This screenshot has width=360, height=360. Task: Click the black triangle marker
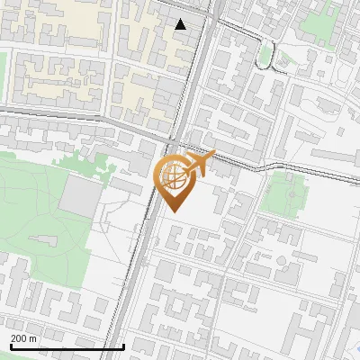tap(181, 24)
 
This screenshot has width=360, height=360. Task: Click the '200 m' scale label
tap(24, 337)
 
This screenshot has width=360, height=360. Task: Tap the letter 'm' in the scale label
tap(33, 337)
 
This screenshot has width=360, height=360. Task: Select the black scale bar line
tap(67, 346)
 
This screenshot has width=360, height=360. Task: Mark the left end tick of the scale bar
tap(10, 345)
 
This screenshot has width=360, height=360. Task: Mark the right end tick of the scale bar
tap(123, 345)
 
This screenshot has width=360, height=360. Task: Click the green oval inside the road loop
tap(265, 57)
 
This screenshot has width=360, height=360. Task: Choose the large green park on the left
tap(31, 202)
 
